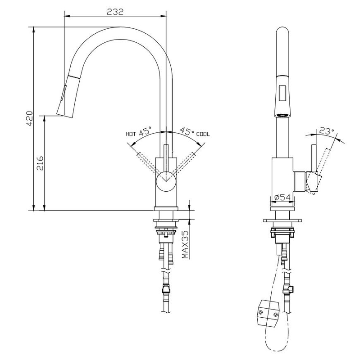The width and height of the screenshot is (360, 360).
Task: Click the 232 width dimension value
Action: [115, 12]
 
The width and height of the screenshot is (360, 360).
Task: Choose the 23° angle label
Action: [326, 131]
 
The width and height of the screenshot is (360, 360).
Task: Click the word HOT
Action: [131, 134]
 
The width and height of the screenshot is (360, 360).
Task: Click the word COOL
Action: [203, 134]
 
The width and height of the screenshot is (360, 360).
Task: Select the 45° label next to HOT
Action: [146, 133]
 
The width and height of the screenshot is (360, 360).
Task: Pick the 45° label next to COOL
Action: [187, 133]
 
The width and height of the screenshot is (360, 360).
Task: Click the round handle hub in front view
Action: [166, 182]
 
